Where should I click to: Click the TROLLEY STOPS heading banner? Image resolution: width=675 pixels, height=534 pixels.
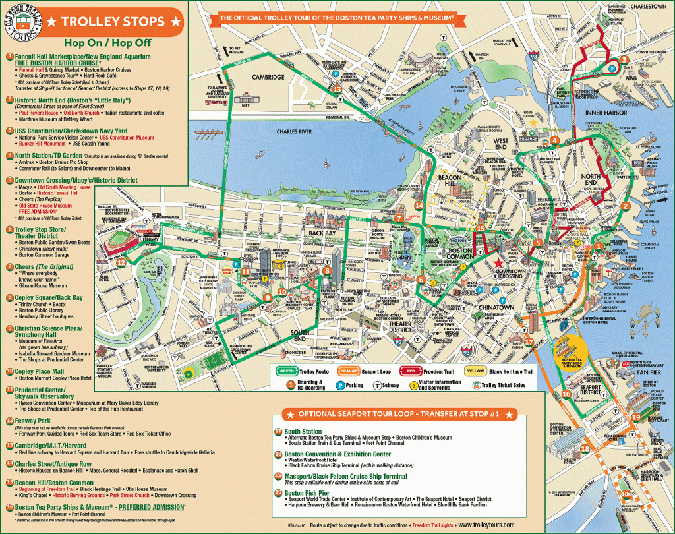tap(112, 21)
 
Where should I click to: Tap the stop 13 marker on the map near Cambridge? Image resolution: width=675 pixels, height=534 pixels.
tap(337, 89)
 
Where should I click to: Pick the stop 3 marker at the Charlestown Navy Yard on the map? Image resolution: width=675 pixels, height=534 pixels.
tap(623, 61)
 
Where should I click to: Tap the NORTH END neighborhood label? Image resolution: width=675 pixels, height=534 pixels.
tap(591, 181)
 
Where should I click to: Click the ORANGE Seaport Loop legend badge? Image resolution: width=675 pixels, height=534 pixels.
tap(349, 371)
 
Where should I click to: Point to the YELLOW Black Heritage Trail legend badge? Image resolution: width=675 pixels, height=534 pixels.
tap(475, 371)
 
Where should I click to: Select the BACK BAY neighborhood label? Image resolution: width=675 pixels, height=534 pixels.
tap(322, 233)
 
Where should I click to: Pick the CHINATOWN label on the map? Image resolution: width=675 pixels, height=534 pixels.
tap(496, 308)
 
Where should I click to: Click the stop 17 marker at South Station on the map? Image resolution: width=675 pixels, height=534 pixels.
tap(529, 341)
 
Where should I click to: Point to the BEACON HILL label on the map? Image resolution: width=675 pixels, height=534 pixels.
tap(450, 181)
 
